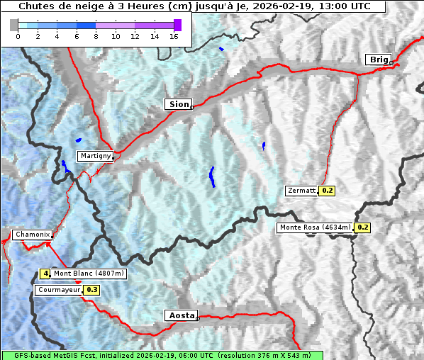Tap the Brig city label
[377, 60]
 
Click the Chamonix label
[31, 235]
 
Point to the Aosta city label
[180, 315]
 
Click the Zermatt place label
[301, 191]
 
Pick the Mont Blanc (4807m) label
[89, 274]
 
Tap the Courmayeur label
[59, 290]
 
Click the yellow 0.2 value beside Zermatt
[327, 191]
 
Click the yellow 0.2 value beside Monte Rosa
[362, 227]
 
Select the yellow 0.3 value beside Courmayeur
[91, 290]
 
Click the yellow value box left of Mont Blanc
[45, 274]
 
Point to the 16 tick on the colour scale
[173, 36]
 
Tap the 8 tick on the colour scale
[96, 36]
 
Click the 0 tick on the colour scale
[18, 36]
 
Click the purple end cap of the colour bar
[177, 25]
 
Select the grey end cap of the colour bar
[14, 25]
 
